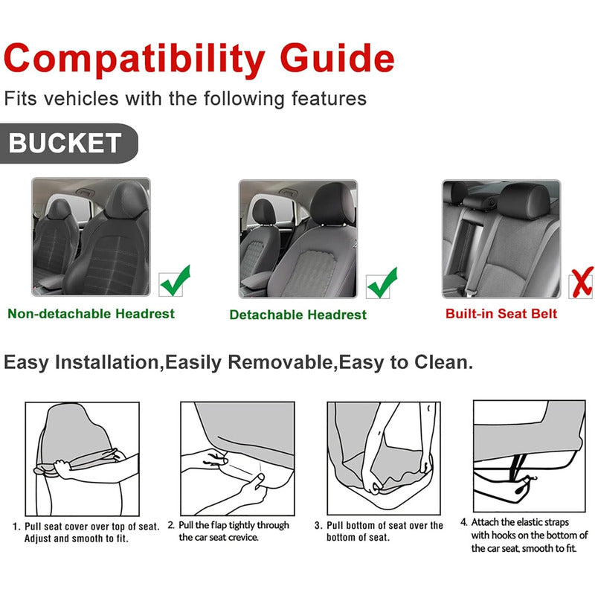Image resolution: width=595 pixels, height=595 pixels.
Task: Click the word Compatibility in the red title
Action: [135, 59]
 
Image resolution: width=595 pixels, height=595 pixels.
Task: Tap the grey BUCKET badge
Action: [68, 143]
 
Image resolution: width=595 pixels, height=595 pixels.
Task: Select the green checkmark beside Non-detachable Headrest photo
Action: [175, 281]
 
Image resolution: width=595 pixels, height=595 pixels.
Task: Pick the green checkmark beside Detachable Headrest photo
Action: [382, 283]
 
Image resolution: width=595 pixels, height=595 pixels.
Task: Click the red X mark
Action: [582, 283]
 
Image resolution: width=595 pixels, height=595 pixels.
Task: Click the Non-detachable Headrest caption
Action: [91, 314]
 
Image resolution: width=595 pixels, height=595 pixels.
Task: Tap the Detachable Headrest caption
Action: [298, 315]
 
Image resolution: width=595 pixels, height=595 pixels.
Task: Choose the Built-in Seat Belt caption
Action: [501, 314]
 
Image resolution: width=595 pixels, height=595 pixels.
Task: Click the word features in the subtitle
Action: [329, 98]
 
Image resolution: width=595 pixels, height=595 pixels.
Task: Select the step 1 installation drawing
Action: [83, 459]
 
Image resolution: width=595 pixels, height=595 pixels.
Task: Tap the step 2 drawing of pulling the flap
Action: [237, 458]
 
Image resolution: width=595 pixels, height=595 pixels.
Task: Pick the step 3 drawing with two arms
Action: [384, 458]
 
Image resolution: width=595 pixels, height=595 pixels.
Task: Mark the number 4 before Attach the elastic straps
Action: [463, 523]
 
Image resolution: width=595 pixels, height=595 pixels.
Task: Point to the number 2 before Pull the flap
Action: [171, 525]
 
